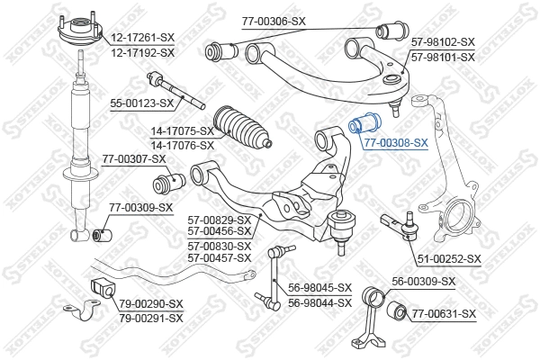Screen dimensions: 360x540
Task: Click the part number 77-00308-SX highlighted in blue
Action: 395,142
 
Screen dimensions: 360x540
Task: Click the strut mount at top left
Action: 79,40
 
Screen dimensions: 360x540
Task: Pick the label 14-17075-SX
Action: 182,130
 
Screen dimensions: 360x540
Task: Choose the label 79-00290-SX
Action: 151,304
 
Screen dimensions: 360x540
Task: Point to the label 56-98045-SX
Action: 320,287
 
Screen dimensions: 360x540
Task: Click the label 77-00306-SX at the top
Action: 274,20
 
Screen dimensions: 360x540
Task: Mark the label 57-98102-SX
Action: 442,42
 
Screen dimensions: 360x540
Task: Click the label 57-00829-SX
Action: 220,219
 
